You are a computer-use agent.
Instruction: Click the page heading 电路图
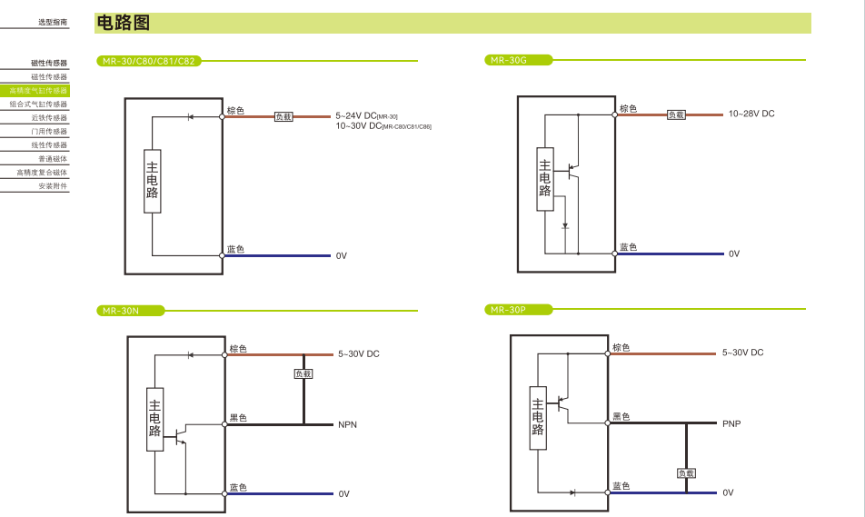click(123, 24)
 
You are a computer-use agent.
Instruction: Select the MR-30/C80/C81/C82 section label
click(148, 61)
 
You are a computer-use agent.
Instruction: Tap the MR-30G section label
click(508, 60)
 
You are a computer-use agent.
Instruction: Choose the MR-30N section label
click(121, 311)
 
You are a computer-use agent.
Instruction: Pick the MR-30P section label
click(508, 310)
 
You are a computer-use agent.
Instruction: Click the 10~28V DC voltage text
click(751, 114)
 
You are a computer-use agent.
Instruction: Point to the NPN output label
click(347, 424)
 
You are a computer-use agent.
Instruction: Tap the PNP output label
click(731, 423)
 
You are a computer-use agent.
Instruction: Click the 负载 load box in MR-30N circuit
click(303, 373)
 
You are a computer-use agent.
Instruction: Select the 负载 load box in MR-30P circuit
click(686, 472)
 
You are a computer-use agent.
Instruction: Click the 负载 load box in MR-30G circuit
click(677, 114)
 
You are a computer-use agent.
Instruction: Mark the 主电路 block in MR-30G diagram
click(545, 178)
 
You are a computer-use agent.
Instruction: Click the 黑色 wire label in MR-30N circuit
click(238, 418)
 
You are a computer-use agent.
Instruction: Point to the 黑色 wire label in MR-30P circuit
click(621, 416)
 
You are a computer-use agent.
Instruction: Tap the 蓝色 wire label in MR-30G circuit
click(629, 247)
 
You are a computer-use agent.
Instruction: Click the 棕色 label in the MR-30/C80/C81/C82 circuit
click(235, 111)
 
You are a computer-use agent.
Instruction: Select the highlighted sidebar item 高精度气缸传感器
click(38, 91)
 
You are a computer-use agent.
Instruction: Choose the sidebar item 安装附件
click(53, 186)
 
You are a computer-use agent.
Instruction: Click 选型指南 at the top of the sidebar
click(53, 21)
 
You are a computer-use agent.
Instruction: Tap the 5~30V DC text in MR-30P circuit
click(742, 353)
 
